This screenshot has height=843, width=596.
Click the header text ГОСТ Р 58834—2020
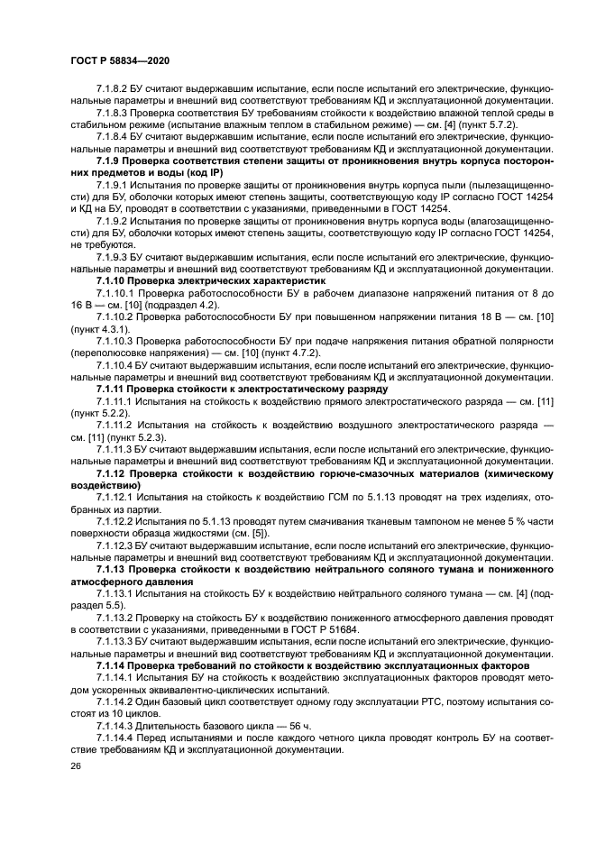coord(120,60)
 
